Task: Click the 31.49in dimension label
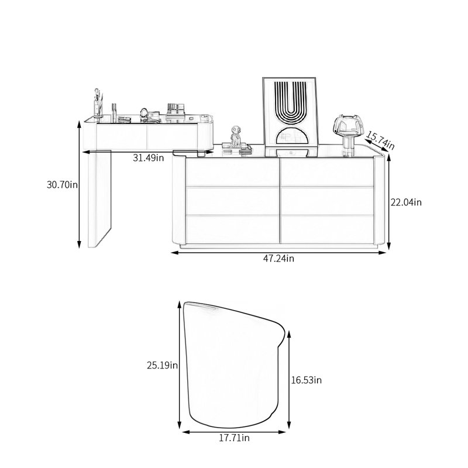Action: point(149,158)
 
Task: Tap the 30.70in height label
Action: point(62,185)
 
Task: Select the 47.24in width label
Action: point(278,259)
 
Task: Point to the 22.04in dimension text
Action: point(406,202)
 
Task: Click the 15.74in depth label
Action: point(380,140)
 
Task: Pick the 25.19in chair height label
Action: point(163,365)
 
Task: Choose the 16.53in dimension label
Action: point(307,380)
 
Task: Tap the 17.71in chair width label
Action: point(235,438)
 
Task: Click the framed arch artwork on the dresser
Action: point(290,116)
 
